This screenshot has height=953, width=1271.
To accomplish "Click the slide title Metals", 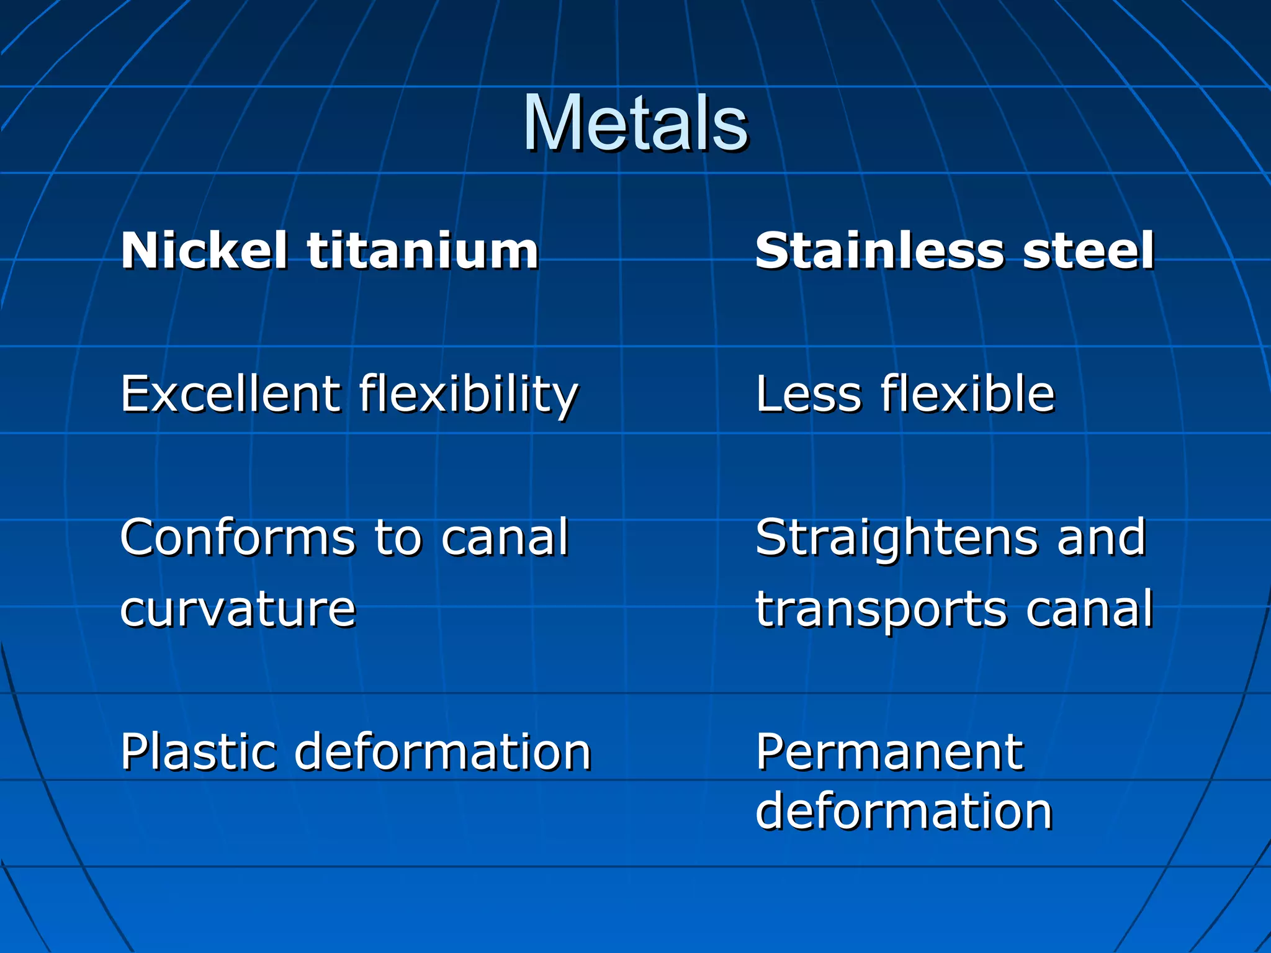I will [x=635, y=123].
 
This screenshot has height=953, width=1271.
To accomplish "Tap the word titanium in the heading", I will [x=423, y=251].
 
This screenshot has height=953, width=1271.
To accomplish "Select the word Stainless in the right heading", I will [x=879, y=251].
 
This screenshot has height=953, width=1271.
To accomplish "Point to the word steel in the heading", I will [x=1089, y=251].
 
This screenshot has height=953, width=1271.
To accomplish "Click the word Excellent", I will [x=230, y=393].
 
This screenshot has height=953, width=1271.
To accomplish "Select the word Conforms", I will [x=238, y=537].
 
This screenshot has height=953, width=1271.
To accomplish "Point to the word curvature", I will [x=238, y=609].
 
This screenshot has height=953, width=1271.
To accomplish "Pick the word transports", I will [x=881, y=611].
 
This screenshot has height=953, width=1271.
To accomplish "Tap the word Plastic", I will [x=197, y=752].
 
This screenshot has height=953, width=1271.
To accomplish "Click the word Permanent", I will [x=889, y=752].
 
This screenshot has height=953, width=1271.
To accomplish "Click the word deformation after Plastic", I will [x=442, y=752].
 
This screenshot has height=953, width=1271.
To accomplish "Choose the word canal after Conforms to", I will [x=505, y=537].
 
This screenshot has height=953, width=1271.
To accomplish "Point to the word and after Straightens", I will [x=1101, y=537].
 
